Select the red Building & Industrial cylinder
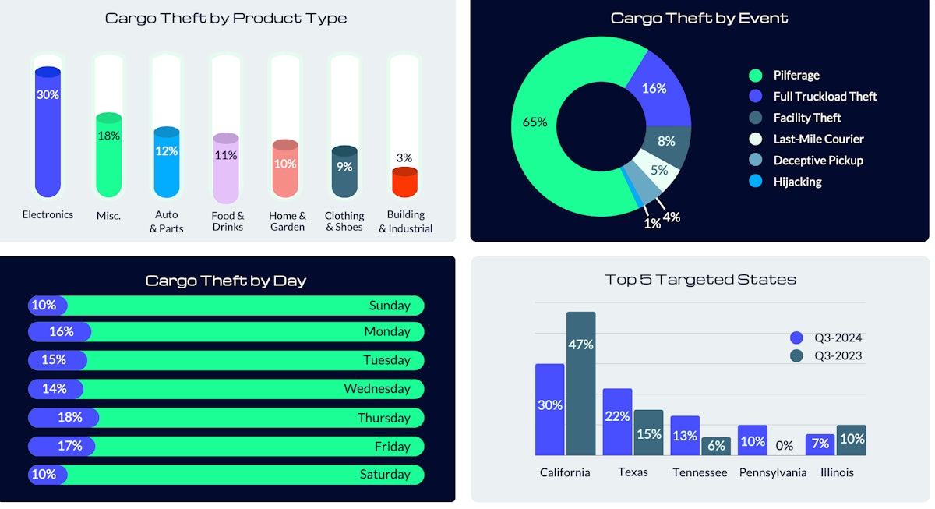(x=404, y=183)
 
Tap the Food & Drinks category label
(x=228, y=221)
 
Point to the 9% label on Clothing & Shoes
(x=344, y=166)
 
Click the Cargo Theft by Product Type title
(x=226, y=18)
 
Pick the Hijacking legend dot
(x=755, y=182)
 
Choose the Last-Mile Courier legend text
(x=818, y=139)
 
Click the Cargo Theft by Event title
(x=699, y=18)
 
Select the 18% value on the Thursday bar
(x=69, y=417)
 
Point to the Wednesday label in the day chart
(x=377, y=388)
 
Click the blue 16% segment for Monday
(x=61, y=331)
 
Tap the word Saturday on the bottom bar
(x=385, y=474)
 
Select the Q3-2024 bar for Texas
(x=617, y=422)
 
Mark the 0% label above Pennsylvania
(x=784, y=446)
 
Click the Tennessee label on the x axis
(x=699, y=472)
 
